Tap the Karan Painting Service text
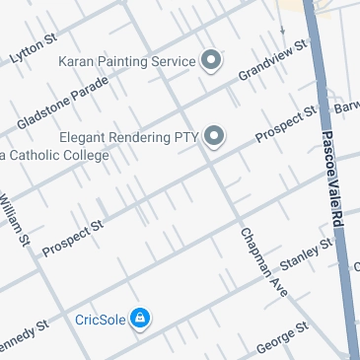pyautogui.click(x=127, y=62)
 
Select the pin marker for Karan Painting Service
pyautogui.click(x=210, y=61)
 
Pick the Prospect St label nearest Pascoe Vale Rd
pyautogui.click(x=285, y=123)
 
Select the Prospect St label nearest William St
pyautogui.click(x=73, y=240)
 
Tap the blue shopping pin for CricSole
pyautogui.click(x=140, y=318)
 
